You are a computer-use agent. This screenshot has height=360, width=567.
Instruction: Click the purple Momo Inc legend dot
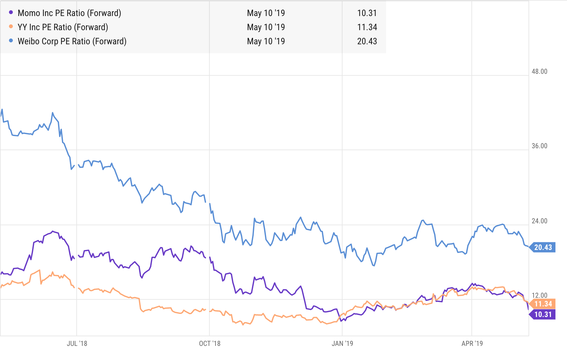coord(11,13)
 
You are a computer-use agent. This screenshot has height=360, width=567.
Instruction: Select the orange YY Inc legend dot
coord(11,27)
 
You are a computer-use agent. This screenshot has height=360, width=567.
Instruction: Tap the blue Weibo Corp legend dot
coord(11,41)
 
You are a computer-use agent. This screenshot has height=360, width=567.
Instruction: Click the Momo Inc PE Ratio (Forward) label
coord(69,13)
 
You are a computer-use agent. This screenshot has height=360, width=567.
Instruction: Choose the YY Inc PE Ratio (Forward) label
coord(63,27)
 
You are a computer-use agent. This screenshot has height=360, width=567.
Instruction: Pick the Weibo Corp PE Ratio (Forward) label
coord(72,41)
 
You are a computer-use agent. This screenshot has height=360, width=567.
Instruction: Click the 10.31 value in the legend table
coord(367,13)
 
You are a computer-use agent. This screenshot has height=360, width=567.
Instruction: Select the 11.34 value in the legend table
coord(367,27)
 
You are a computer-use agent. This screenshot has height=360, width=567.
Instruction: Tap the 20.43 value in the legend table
coord(367,41)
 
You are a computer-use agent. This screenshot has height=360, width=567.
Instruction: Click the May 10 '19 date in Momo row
coord(266,13)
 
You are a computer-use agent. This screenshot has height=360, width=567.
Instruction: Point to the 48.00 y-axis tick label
coord(539,71)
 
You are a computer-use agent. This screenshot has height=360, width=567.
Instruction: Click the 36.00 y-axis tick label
coord(539,146)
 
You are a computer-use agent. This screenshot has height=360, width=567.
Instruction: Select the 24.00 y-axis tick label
coord(539,221)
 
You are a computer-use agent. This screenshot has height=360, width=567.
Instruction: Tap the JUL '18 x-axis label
coord(77,343)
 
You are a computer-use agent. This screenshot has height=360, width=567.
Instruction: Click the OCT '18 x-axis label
coord(210,343)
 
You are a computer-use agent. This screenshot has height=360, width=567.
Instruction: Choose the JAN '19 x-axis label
coord(342,343)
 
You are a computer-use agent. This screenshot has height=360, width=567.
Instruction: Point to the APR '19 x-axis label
coord(472,343)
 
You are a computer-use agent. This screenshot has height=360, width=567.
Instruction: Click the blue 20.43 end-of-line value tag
coord(543,247)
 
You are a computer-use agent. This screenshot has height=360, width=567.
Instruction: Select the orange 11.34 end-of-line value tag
coord(543,304)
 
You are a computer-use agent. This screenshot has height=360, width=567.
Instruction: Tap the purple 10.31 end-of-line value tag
coord(543,314)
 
